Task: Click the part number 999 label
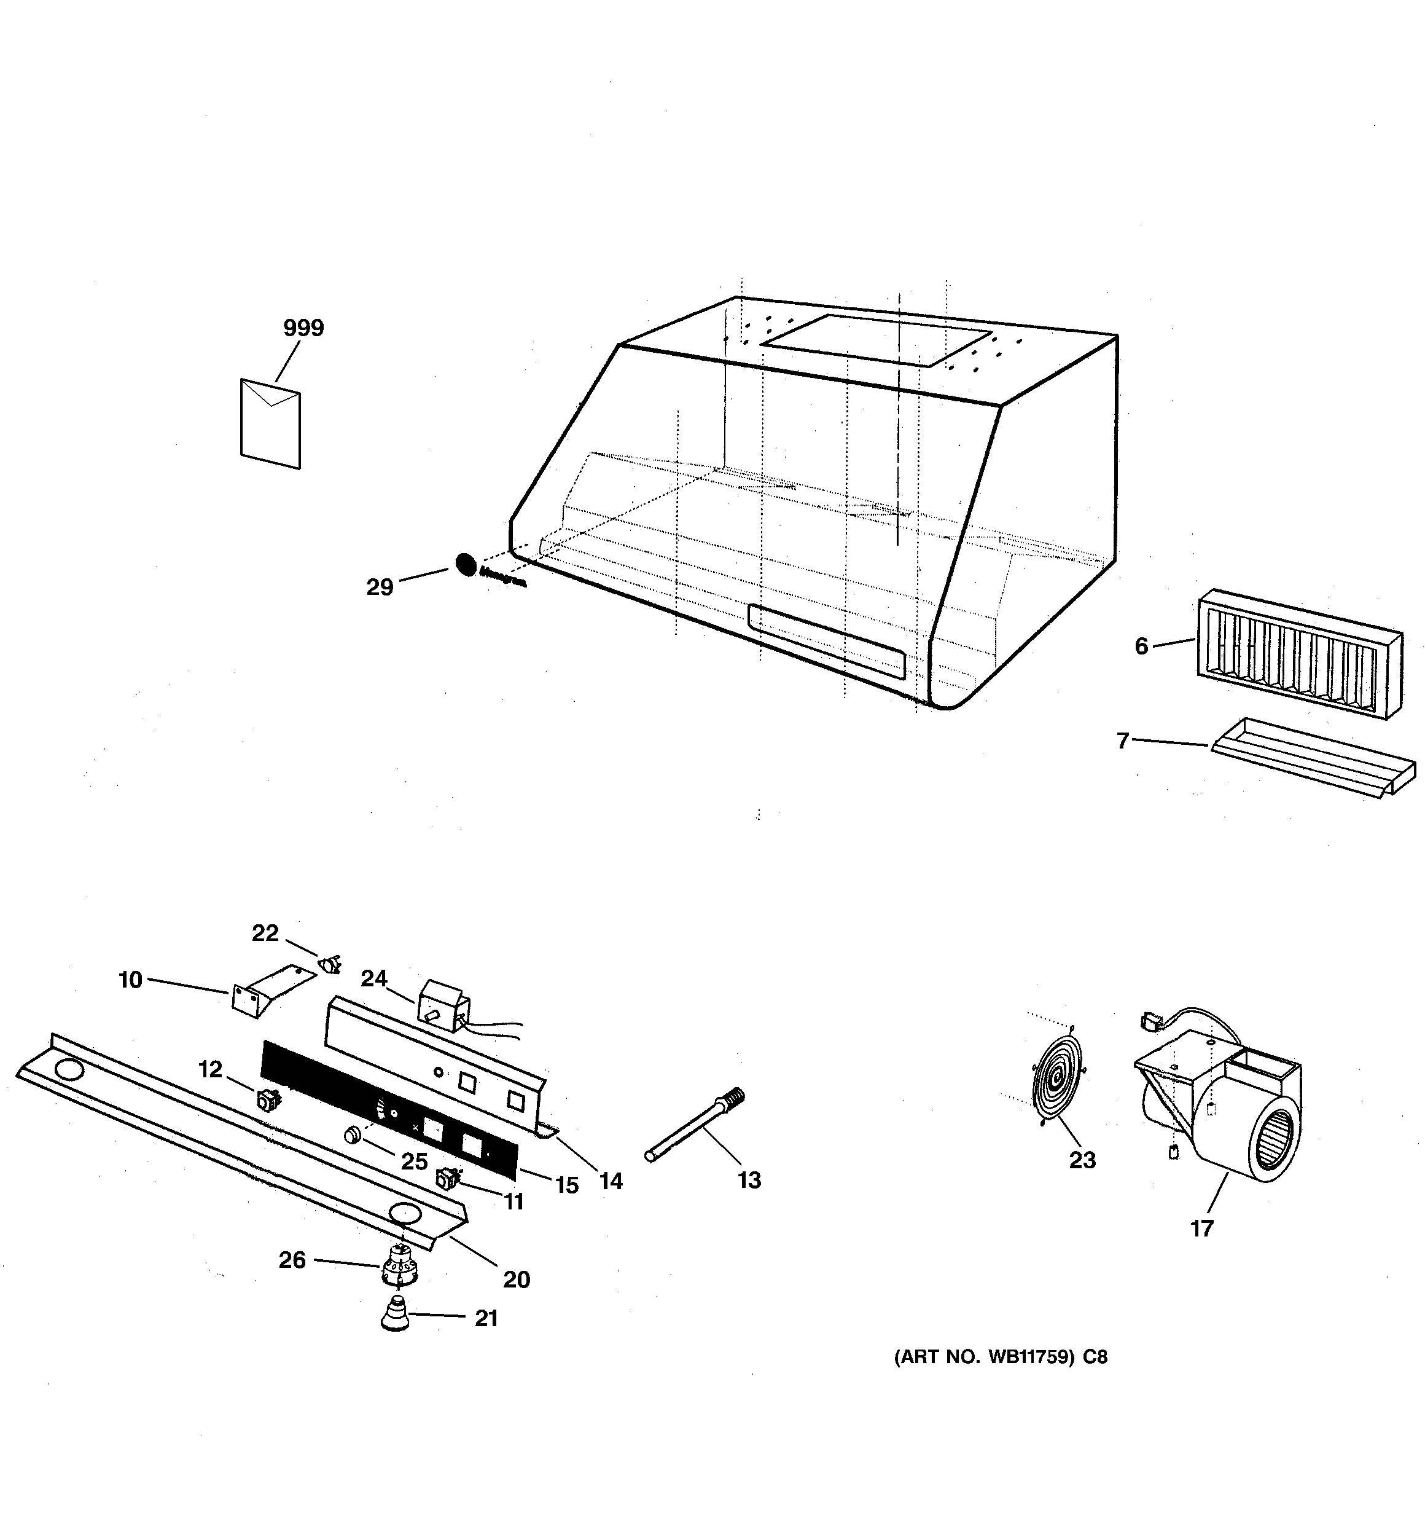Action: [303, 328]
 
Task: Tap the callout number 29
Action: [380, 588]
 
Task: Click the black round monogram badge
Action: [465, 565]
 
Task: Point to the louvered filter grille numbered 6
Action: [1299, 653]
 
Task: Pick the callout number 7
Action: [1122, 741]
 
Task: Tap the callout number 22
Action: [265, 933]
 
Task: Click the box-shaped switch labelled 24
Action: [442, 1006]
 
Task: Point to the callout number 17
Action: [1201, 1228]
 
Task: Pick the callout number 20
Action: [517, 1279]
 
